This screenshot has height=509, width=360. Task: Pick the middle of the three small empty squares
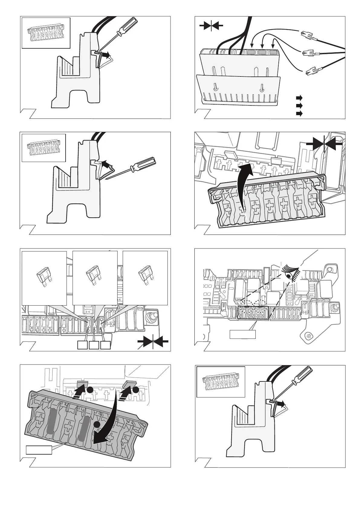94,345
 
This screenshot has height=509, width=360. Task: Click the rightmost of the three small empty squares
105,345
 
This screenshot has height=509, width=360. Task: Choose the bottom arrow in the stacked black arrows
299,114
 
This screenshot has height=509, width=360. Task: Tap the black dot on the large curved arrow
97,425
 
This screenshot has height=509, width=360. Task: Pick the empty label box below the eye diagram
243,335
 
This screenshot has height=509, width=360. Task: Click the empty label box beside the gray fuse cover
39,450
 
